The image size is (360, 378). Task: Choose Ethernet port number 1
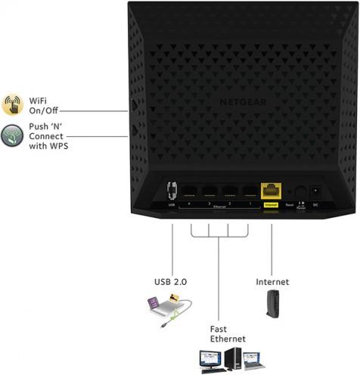(247, 192)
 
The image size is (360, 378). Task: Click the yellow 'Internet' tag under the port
(271, 206)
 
